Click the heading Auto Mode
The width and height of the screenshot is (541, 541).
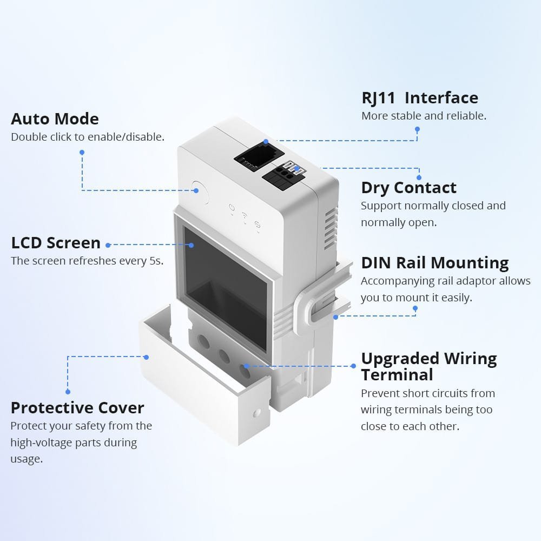click(55, 119)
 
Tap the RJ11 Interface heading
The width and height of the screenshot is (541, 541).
click(420, 98)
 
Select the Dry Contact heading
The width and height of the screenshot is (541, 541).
click(409, 188)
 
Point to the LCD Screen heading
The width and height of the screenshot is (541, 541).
click(56, 243)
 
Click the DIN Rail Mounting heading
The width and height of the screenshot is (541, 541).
click(435, 263)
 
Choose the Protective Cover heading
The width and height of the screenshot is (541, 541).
click(77, 408)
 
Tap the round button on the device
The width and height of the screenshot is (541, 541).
click(200, 190)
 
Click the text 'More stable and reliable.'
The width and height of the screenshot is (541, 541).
click(424, 116)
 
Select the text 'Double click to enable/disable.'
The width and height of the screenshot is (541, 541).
click(88, 137)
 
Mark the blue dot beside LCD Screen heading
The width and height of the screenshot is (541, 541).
click(108, 245)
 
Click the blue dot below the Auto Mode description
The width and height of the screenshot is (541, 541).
click(82, 153)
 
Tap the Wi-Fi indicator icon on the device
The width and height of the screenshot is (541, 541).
click(245, 215)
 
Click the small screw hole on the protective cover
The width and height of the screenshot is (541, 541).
click(257, 413)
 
